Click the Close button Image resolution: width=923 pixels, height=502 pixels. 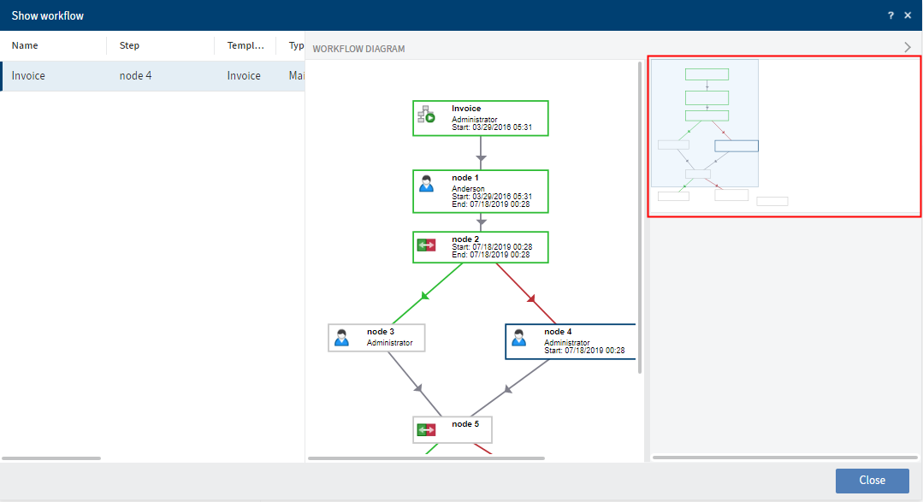(872, 480)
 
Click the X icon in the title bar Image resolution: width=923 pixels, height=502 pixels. (908, 15)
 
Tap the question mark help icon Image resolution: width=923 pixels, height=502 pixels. (890, 15)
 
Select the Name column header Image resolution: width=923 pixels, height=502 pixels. (25, 45)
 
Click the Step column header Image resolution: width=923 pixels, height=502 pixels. (129, 45)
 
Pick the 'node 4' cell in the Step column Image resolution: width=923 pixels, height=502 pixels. (136, 76)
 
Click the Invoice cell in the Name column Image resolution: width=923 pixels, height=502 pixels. (29, 76)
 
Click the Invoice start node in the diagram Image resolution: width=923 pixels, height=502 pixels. (480, 118)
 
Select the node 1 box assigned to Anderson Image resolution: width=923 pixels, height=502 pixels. (480, 191)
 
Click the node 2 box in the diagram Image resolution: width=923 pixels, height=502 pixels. (480, 247)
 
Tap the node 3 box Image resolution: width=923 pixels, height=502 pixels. (376, 337)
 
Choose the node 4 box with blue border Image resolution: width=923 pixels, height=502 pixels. (571, 341)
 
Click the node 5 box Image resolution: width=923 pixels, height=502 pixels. (453, 428)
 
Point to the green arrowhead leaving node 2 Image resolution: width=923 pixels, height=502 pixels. (424, 297)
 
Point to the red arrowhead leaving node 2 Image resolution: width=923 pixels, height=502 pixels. (531, 298)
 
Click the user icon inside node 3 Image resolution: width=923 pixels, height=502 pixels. (342, 337)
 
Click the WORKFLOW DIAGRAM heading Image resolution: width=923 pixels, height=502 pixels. (358, 49)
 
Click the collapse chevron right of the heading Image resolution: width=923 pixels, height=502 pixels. (908, 48)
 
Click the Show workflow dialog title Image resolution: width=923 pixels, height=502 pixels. (48, 15)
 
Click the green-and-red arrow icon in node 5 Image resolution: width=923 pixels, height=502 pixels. (426, 429)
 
